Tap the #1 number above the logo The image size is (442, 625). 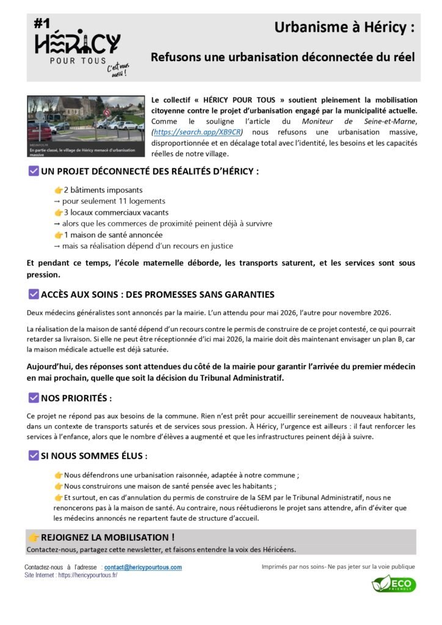[x=42, y=24]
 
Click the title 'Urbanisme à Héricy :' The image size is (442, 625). [x=344, y=27]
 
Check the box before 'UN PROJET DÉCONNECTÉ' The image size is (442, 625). [x=34, y=172]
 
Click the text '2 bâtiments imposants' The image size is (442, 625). [x=103, y=190]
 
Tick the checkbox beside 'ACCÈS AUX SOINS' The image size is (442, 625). [x=34, y=294]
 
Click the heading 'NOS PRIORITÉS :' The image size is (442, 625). [x=76, y=399]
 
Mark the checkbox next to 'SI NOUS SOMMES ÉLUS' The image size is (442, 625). [x=34, y=455]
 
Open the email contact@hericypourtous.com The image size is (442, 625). [x=143, y=567]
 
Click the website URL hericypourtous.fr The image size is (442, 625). [x=88, y=575]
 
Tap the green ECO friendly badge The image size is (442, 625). [x=394, y=583]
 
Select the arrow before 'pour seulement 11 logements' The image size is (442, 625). [x=57, y=201]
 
